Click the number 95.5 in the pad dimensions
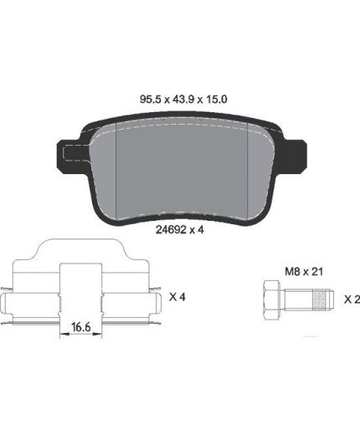151,100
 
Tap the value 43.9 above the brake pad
183,100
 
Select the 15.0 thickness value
216,100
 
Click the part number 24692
171,230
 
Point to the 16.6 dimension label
81,327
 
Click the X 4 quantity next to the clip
177,297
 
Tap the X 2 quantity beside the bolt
352,299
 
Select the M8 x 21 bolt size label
304,271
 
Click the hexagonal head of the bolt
271,300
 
